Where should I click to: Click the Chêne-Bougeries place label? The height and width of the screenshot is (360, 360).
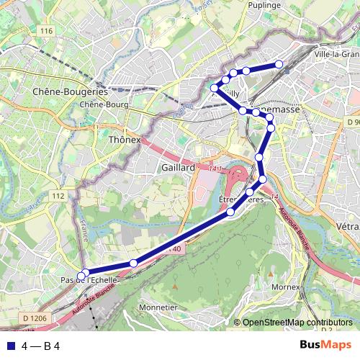point(70,91)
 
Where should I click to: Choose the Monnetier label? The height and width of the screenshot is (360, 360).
point(158,307)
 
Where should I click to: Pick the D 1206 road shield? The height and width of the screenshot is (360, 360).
point(34,318)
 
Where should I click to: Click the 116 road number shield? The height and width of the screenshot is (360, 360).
point(48,30)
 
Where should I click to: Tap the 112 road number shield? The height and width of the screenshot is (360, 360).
point(58,196)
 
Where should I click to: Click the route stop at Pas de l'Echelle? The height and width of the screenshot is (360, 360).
point(85,274)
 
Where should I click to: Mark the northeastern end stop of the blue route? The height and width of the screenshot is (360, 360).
point(279,65)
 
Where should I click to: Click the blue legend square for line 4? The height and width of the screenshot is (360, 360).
point(10,346)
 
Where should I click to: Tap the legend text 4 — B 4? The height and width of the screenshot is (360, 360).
point(40,346)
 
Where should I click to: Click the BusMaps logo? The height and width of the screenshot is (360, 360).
point(325,345)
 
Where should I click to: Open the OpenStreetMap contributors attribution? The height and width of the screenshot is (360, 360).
point(297,323)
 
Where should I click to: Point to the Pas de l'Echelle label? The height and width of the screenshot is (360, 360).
point(89,279)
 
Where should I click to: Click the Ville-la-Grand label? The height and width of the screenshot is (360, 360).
point(337,54)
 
